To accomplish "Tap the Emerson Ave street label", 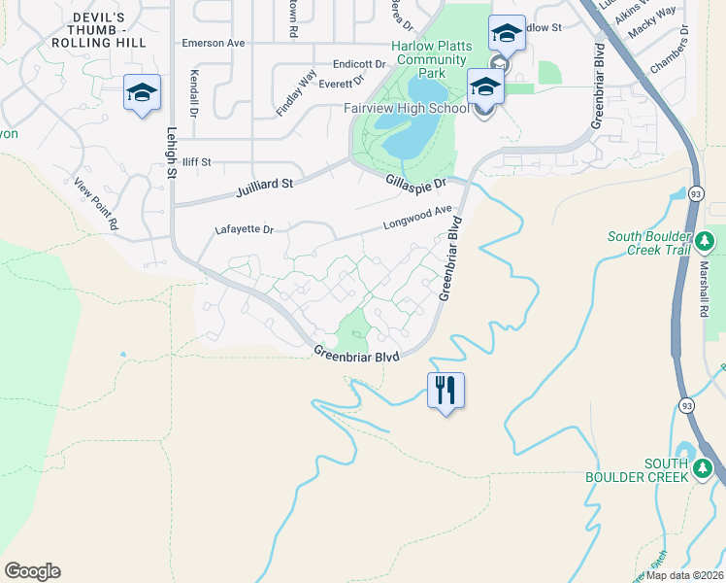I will [x=214, y=44].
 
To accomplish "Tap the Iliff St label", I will [x=196, y=162].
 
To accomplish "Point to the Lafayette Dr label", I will [x=245, y=230].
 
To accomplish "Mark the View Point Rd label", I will [x=96, y=203].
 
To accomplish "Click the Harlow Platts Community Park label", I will [x=431, y=59].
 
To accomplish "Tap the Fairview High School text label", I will [x=407, y=108].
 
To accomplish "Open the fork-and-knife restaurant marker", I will [x=445, y=391].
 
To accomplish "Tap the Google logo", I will [x=32, y=571].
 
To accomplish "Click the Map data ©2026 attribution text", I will [x=682, y=575].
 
